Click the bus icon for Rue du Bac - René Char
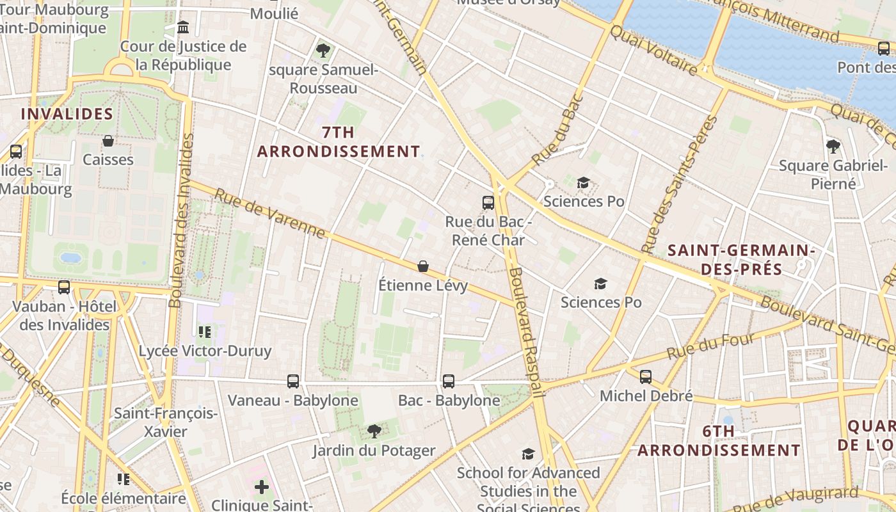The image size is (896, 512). pos(488,203)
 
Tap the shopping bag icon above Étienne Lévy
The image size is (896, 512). pos(422,266)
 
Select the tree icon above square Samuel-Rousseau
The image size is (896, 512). pos(323,50)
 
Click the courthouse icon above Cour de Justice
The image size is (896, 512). pos(183,28)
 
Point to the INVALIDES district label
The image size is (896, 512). pos(67,115)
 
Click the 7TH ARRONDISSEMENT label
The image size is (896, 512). pos(339,142)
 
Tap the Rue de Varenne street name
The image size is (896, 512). pos(269,213)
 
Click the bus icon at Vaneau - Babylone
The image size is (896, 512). pos(293,381)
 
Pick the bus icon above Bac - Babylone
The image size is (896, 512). pos(449,381)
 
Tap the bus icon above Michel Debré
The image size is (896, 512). pos(646,377)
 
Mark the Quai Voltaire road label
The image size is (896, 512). pos(653,50)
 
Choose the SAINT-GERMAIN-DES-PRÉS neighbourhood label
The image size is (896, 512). pos(741,259)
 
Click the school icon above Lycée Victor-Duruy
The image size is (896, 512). pos(205,332)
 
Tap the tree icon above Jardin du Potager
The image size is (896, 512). pos(374,431)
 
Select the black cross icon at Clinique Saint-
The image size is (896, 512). pos(262,487)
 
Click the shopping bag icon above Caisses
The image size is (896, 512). pos(108,141)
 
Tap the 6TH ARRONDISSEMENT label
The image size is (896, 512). pos(719,441)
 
